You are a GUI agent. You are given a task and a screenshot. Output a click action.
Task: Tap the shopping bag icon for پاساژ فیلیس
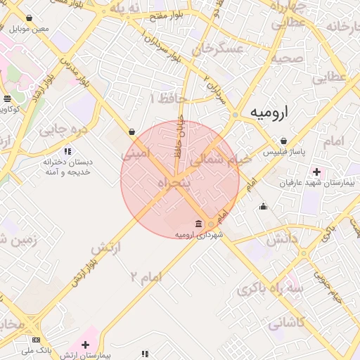click(x=283, y=141)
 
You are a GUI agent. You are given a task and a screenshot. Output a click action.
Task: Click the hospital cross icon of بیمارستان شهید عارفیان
click(x=316, y=172)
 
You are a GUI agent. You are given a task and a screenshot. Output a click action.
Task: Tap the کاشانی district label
click(x=285, y=323)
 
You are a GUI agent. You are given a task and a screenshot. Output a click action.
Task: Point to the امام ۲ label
click(x=146, y=276)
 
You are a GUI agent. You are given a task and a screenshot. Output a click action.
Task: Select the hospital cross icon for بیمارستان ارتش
click(x=86, y=345)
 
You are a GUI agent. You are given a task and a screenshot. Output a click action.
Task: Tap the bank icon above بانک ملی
click(x=36, y=340)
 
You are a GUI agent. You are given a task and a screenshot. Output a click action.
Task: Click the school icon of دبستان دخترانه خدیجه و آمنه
click(x=67, y=151)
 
